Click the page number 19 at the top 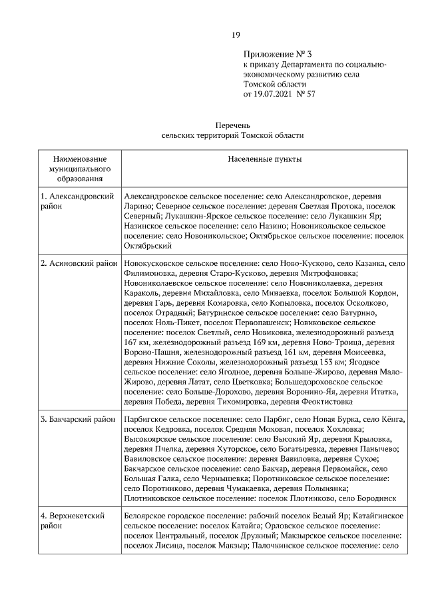[x=236, y=35]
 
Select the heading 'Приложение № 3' [x=273, y=55]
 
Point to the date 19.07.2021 [x=274, y=94]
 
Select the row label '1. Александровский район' [x=76, y=201]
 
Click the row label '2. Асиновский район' [x=78, y=263]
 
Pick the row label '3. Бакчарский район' [x=78, y=420]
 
